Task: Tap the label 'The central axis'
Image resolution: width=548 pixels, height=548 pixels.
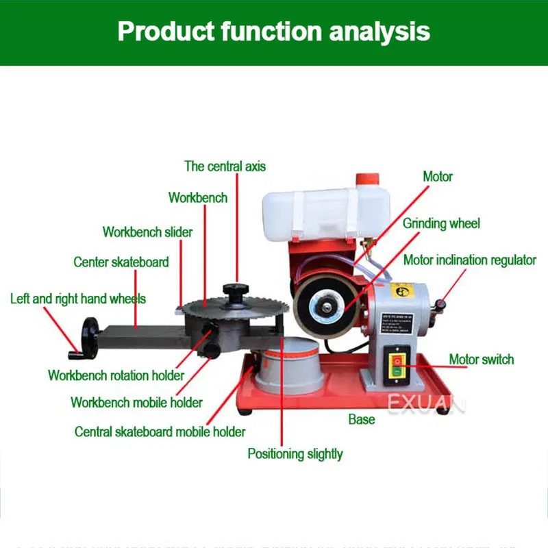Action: click(x=225, y=166)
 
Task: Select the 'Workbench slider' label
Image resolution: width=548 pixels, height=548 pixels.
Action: click(x=147, y=232)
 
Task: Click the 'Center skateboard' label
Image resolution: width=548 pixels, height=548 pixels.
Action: click(x=121, y=262)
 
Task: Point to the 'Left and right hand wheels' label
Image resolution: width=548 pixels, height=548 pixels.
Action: click(x=77, y=299)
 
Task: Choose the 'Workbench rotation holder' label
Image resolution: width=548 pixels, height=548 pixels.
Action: click(x=116, y=375)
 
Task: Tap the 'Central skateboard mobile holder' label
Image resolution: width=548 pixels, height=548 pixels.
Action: click(x=160, y=432)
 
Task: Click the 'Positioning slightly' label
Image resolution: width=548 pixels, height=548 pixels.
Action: click(x=295, y=453)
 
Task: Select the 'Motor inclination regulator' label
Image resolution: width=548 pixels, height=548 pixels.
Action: click(x=469, y=260)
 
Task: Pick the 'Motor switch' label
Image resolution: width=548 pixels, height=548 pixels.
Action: click(x=481, y=359)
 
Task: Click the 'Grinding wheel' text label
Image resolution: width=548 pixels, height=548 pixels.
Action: click(x=441, y=223)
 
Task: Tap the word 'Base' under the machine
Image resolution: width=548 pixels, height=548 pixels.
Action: click(x=361, y=419)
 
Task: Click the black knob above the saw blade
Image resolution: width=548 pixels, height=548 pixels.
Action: click(x=236, y=292)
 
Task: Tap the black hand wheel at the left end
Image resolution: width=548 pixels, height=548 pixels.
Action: click(x=89, y=336)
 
